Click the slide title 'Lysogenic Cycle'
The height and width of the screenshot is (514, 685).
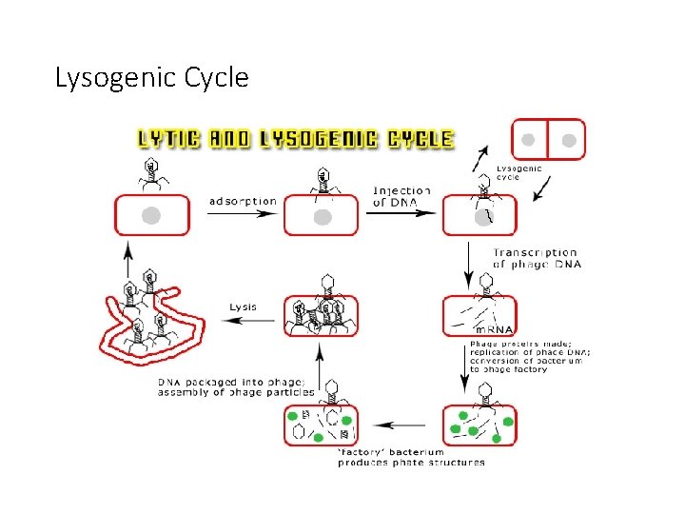tap(152, 76)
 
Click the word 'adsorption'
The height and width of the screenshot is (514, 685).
tap(244, 201)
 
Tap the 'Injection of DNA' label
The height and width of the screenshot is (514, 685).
tap(401, 196)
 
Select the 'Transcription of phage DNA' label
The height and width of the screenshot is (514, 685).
tap(535, 258)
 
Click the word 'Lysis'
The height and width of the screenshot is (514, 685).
tap(243, 306)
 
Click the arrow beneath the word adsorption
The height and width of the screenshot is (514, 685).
tap(244, 214)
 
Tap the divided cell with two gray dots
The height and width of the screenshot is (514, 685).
tap(549, 140)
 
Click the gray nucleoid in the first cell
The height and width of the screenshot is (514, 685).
tap(150, 216)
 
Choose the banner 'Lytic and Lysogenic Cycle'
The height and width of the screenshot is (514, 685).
tap(296, 139)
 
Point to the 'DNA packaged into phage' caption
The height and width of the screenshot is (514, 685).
tap(236, 386)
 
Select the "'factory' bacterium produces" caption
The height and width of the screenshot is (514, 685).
tap(411, 457)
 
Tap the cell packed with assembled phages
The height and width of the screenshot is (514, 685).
tap(322, 315)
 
